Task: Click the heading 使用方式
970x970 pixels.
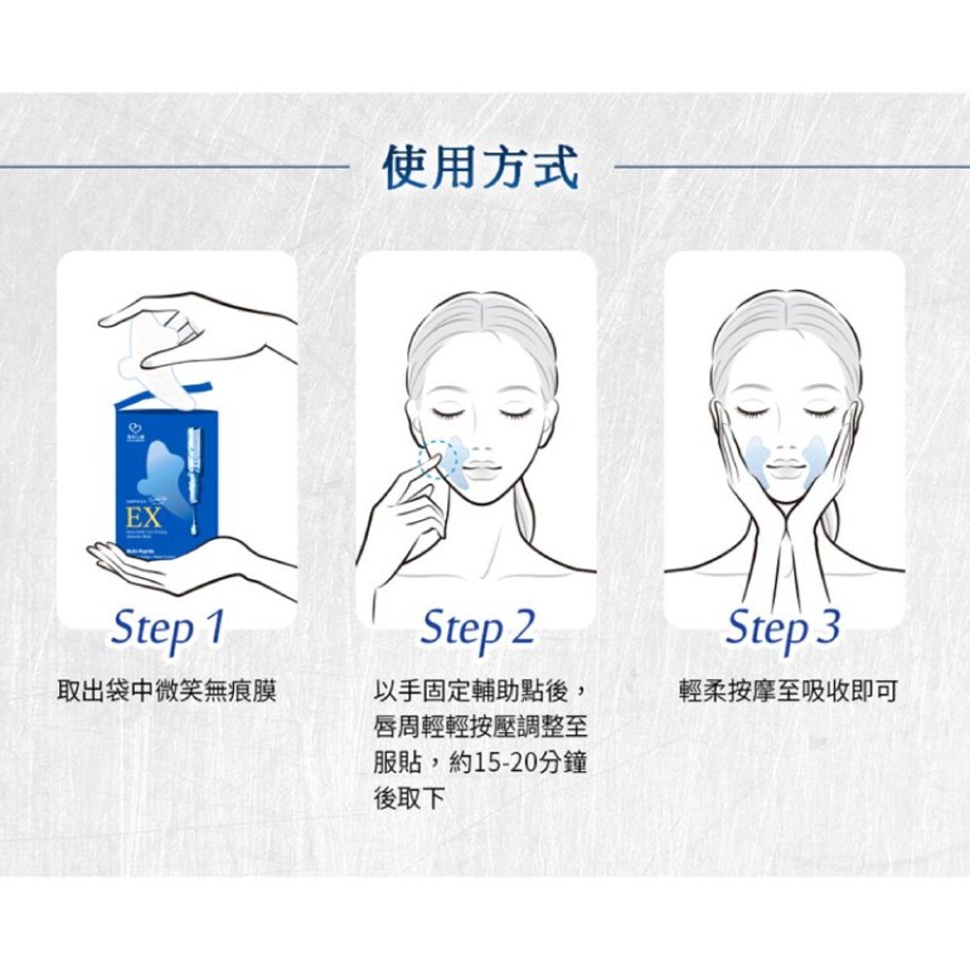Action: point(481,168)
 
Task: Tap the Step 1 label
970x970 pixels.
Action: point(168,628)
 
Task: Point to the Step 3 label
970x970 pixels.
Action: point(783,628)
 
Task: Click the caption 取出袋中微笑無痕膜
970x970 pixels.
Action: point(167,692)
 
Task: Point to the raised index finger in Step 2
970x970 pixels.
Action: point(424,469)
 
